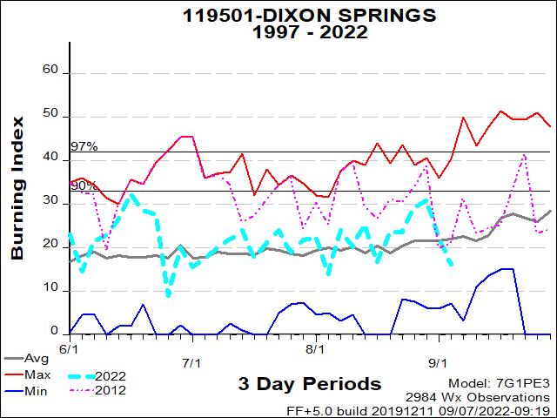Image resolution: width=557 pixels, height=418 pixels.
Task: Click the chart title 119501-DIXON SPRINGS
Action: tap(278, 15)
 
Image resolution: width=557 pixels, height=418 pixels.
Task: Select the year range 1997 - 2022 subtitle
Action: tap(278, 32)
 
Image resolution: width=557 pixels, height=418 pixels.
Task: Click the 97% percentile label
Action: tap(84, 146)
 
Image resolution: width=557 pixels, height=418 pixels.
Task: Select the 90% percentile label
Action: tap(84, 185)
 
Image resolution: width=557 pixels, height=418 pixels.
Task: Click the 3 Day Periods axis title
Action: tap(309, 384)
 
